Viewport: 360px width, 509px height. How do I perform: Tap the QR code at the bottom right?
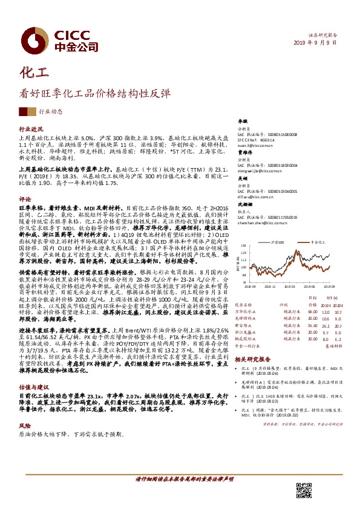(x=303, y=490)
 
